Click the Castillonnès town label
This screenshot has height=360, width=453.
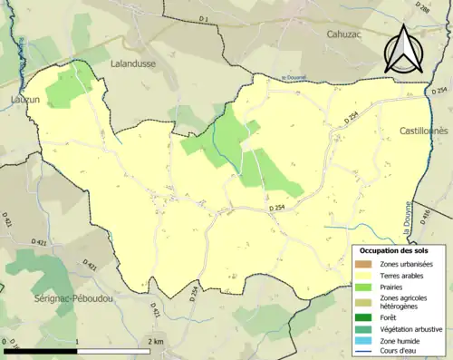click(425, 131)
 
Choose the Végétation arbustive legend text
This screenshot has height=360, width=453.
click(410, 329)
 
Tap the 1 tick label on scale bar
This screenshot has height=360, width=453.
click(78, 342)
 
